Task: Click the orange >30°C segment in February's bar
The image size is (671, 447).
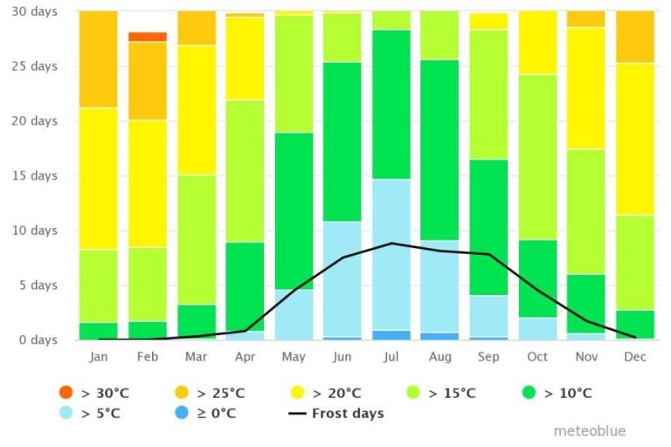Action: pos(148,37)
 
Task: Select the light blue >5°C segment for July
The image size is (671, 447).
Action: pos(391,254)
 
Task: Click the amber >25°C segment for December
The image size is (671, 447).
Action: pos(635,37)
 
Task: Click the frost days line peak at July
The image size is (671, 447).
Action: pos(392,243)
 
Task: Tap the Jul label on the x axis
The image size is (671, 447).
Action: pos(391,356)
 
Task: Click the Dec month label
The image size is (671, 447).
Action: pos(635,356)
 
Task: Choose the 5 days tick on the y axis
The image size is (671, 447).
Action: pos(37,285)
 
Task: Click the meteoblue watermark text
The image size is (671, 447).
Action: pos(590,431)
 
